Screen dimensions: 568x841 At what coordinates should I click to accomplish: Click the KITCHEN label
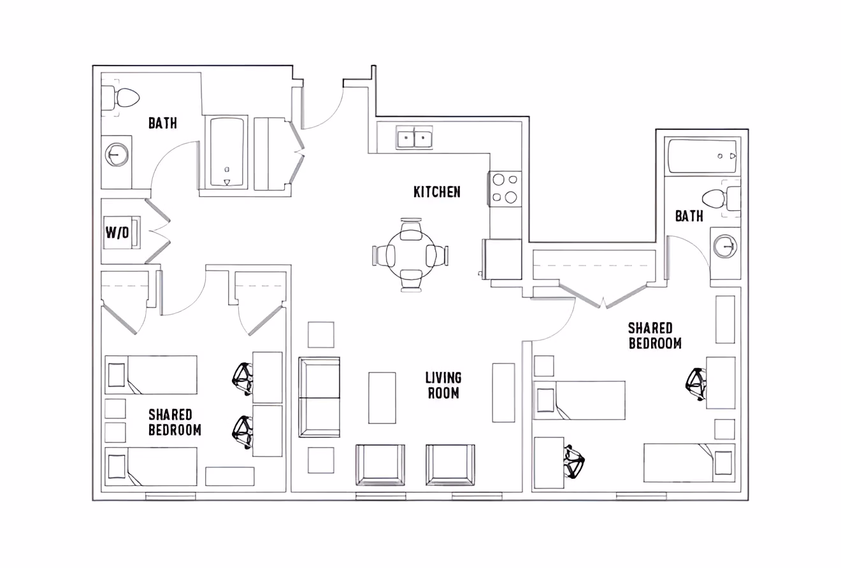coord(436,192)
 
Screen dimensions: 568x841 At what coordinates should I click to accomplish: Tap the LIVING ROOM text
coord(443,385)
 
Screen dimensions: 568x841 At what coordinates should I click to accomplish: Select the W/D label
coord(117,233)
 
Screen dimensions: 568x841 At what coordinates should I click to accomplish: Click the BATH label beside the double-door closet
coord(689,217)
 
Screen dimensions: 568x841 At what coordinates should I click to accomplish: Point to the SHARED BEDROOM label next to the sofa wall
coord(175,422)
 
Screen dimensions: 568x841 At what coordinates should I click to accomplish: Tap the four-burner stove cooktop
coord(505,188)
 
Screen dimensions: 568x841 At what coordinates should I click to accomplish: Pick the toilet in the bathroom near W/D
coord(125,98)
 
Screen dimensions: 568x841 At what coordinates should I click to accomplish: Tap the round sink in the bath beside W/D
coord(116,154)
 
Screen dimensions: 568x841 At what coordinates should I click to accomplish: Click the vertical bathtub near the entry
coord(227,152)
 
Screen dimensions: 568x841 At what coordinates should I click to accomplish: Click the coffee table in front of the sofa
coord(382,398)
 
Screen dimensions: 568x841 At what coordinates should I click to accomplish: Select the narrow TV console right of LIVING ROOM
coord(503,392)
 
